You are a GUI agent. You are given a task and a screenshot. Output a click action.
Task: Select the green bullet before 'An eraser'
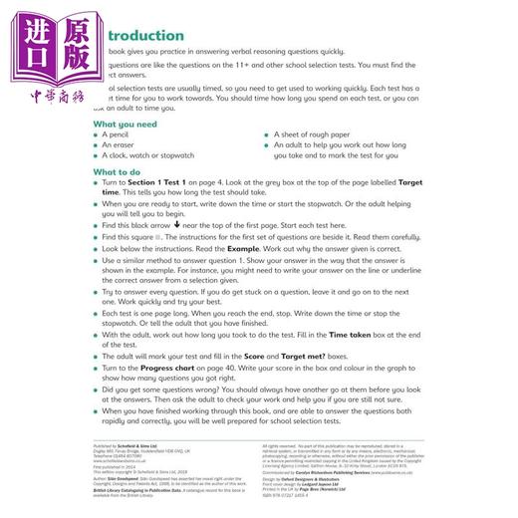[97, 145]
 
